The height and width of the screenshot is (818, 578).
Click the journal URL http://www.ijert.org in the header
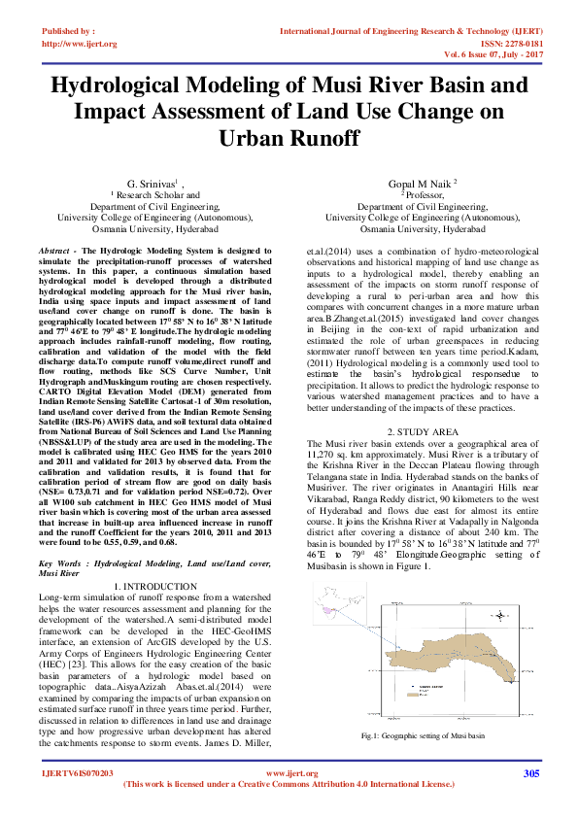point(80,44)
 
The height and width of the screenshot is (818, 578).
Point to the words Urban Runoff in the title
point(289,138)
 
